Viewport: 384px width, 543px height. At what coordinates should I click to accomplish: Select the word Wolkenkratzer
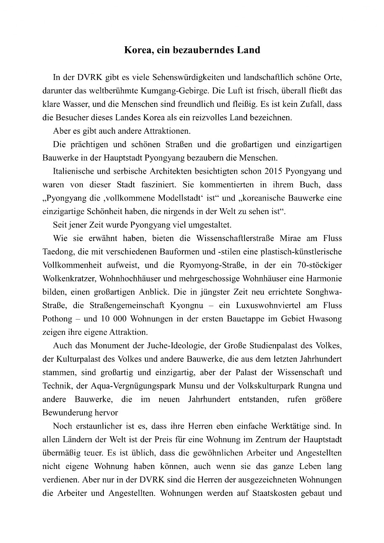(x=67, y=279)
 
